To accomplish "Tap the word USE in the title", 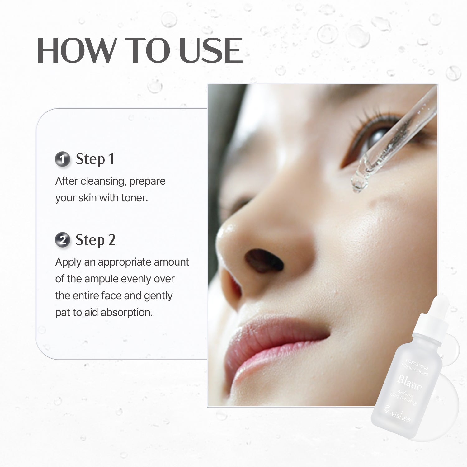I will point(211,50).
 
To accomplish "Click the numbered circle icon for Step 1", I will point(63,159).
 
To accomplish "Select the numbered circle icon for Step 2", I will point(63,240).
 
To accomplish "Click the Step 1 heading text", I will point(95,159).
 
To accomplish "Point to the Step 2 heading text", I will point(95,240).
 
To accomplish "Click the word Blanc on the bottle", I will point(410,383).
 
